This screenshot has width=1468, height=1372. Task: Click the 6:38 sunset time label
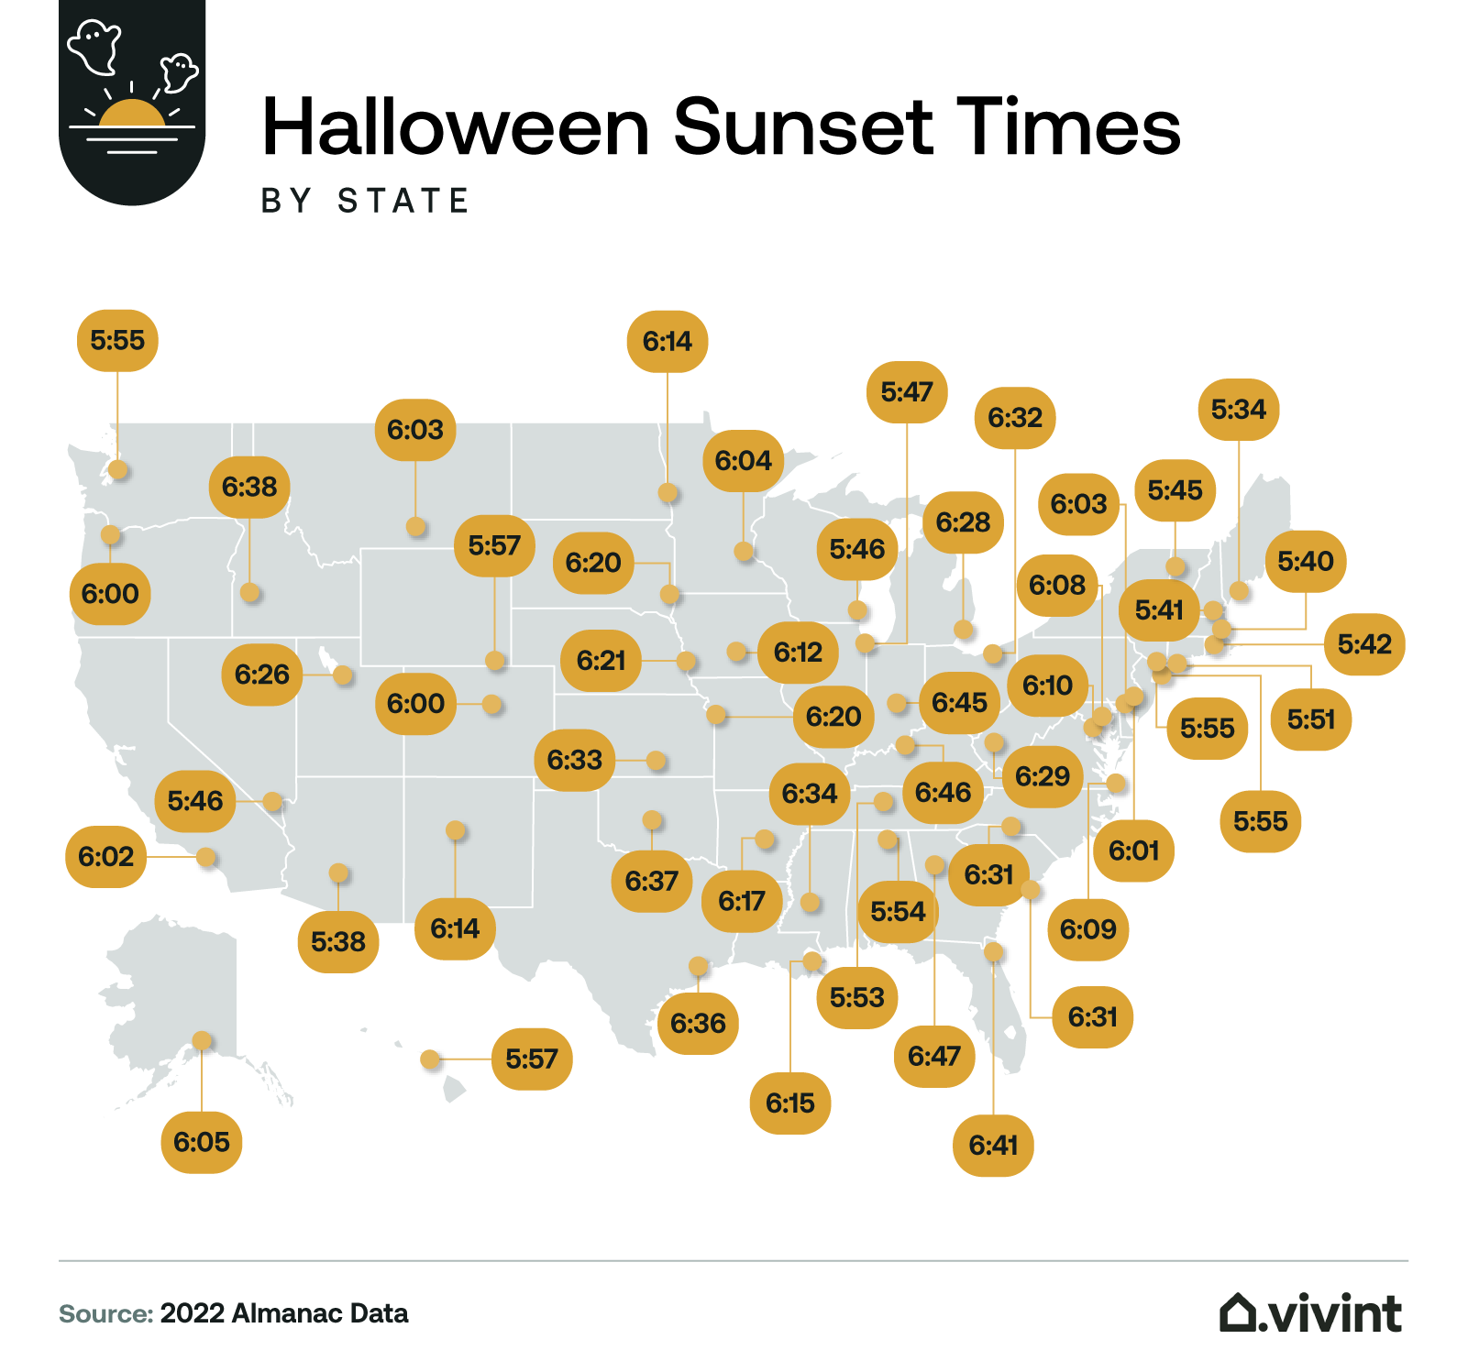[x=249, y=487]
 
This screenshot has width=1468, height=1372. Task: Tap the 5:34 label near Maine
[x=1238, y=410]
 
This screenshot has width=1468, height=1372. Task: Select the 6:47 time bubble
[x=933, y=1057]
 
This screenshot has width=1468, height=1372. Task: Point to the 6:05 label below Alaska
[x=202, y=1142]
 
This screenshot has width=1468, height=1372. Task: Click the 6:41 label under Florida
[x=993, y=1146]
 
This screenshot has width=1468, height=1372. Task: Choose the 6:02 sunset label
[x=105, y=857]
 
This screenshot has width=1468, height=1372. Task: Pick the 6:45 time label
[x=959, y=703]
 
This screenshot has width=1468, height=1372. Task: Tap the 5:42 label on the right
[x=1364, y=644]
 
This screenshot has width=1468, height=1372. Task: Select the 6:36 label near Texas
[x=698, y=1023]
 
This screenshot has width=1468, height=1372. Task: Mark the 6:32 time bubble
[x=1015, y=418]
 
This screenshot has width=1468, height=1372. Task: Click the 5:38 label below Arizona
[x=337, y=941]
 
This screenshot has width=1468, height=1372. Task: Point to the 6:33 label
[x=575, y=760]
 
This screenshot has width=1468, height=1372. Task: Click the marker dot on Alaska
[x=202, y=1040]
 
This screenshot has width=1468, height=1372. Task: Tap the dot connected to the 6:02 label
[x=206, y=857]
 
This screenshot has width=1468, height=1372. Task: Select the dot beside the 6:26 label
[x=343, y=675]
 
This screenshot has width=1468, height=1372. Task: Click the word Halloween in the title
[x=456, y=127]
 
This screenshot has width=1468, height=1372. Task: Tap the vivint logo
[x=1310, y=1313]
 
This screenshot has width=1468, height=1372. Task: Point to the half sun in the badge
[x=132, y=114]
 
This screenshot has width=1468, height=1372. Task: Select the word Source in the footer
[x=105, y=1314]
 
